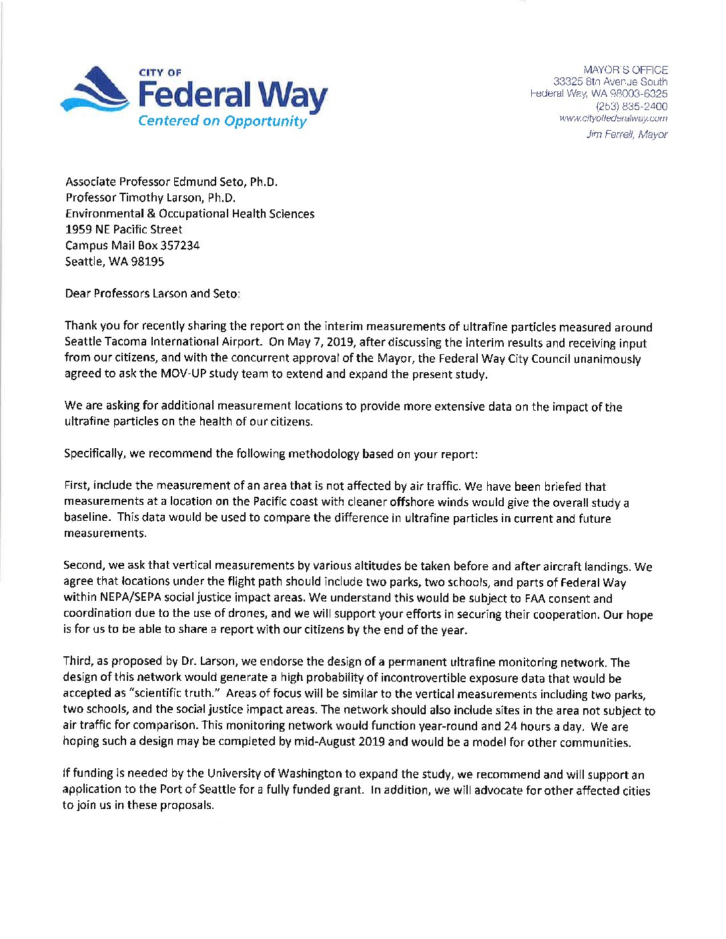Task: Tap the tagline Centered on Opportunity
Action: [x=222, y=121]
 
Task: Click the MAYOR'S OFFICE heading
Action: [x=625, y=69]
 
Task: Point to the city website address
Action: [x=613, y=119]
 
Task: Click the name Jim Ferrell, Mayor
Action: [x=627, y=135]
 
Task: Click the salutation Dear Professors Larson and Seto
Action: [x=152, y=293]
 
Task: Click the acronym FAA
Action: [x=535, y=598]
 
